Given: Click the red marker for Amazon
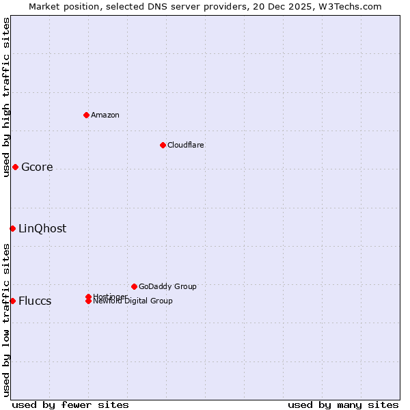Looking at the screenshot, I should pos(86,115).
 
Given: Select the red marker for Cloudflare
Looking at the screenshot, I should pos(163,145).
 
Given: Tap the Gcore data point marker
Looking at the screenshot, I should pos(15,167).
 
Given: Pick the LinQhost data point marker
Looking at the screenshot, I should pos(12,228).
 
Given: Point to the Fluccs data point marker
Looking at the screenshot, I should pos(12,301).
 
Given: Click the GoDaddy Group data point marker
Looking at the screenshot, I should pos(134,286).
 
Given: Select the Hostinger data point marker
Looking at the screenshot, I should pos(88,297).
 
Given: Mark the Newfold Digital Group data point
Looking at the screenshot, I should pos(88,301).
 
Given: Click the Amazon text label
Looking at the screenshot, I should pos(105,115).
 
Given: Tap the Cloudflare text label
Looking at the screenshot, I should pos(186,145).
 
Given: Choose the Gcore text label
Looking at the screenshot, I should pos(37,167).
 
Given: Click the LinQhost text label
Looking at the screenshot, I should pos(42,229).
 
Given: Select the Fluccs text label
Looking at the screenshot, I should pos(35,301).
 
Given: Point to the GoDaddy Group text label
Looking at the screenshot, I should pos(167,286).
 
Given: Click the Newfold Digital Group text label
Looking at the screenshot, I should pos(133,301).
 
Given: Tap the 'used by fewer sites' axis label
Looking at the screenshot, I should pos(70,405).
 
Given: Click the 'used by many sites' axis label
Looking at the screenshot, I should pos(343,405).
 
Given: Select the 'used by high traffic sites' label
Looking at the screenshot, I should pos(6,97).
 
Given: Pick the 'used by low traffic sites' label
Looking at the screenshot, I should pos(6,320).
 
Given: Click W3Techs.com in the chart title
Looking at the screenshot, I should pos(351,6).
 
